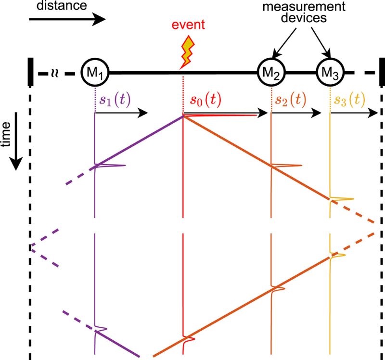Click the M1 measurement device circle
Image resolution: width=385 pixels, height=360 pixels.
point(95,73)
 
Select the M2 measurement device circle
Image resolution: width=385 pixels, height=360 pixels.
point(272,73)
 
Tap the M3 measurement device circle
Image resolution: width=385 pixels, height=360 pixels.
point(330,73)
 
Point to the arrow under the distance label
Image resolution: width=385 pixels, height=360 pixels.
point(67,20)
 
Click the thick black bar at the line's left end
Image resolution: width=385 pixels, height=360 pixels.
point(31,74)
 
